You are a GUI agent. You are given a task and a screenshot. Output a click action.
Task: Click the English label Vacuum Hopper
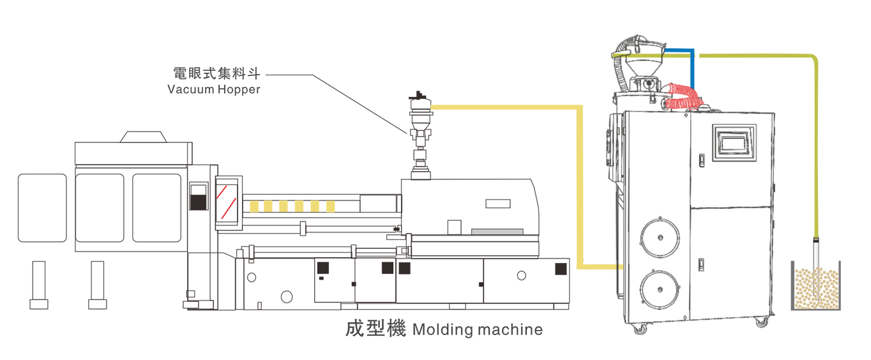click(x=214, y=89)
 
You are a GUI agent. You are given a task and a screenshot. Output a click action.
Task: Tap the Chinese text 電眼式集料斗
click(x=217, y=72)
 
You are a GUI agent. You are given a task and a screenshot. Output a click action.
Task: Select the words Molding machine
click(x=478, y=330)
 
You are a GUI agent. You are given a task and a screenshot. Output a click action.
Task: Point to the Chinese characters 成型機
click(x=375, y=329)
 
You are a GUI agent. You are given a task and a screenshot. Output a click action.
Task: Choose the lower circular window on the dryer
click(x=659, y=289)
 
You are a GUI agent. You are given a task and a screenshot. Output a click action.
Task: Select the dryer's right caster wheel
click(x=761, y=323)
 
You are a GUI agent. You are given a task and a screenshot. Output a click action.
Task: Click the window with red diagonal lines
click(x=228, y=200)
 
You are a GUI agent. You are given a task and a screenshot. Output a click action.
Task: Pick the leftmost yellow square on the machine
click(x=254, y=206)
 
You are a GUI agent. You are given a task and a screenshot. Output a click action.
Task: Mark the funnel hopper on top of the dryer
click(x=646, y=63)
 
